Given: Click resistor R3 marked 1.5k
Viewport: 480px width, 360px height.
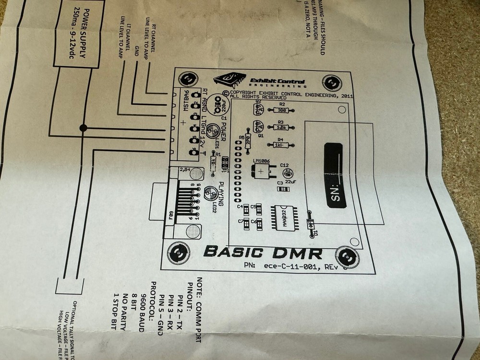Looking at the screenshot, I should click(x=281, y=127).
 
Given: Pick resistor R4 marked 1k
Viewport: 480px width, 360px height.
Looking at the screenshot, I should click(x=278, y=144).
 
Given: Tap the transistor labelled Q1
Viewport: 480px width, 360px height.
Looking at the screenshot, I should click(x=256, y=127).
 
